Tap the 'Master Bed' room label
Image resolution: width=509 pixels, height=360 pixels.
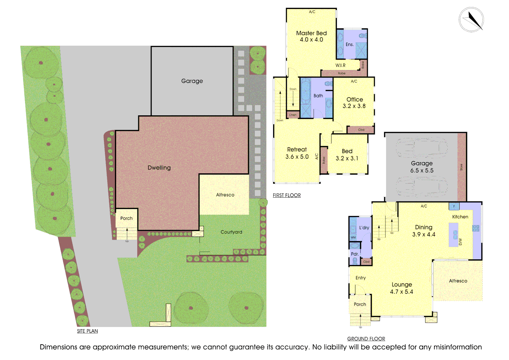pyautogui.click(x=311, y=33)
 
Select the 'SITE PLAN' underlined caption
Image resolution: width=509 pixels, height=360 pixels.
pyautogui.click(x=87, y=331)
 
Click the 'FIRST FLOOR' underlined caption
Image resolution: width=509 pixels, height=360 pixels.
pyautogui.click(x=286, y=195)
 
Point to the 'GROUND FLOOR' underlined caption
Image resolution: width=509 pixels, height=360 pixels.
pyautogui.click(x=366, y=339)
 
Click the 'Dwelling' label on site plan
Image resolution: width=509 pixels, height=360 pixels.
pyautogui.click(x=159, y=168)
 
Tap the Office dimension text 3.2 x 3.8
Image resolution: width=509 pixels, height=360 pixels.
pyautogui.click(x=354, y=106)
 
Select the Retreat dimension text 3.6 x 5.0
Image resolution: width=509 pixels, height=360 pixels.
pyautogui.click(x=297, y=157)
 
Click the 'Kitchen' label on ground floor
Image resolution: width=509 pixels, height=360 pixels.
pyautogui.click(x=460, y=217)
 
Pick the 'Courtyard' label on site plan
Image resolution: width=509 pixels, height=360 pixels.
pyautogui.click(x=231, y=232)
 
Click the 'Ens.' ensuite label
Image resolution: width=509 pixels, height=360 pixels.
pyautogui.click(x=349, y=44)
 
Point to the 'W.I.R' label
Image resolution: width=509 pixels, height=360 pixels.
pyautogui.click(x=340, y=65)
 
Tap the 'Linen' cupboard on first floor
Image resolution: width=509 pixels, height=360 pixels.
pyautogui.click(x=293, y=115)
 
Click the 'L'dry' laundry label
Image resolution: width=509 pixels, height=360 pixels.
pyautogui.click(x=364, y=228)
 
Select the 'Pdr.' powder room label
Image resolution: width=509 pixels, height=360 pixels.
pyautogui.click(x=355, y=254)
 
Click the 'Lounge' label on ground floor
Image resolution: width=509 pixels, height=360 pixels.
pyautogui.click(x=402, y=284)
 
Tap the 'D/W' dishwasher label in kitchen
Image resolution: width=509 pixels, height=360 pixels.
pyautogui.click(x=460, y=242)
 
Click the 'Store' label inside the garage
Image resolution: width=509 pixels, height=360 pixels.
pyautogui.click(x=461, y=167)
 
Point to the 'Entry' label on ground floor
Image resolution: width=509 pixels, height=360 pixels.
pyautogui.click(x=360, y=278)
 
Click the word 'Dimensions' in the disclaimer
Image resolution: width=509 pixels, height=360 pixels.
pyautogui.click(x=58, y=347)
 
